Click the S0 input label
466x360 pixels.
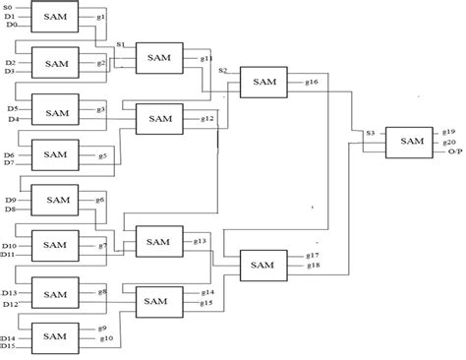pos(9,8)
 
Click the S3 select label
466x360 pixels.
pos(370,133)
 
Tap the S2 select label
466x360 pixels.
pos(223,71)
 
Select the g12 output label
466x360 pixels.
pos(207,118)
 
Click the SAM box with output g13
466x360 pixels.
pos(159,239)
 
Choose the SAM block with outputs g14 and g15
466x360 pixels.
pos(158,297)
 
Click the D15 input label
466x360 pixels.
pos(9,346)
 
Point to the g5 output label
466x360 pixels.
pos(102,155)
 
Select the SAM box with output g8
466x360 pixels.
pos(55,291)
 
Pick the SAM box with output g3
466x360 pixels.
pos(56,109)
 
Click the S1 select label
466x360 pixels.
pos(120,45)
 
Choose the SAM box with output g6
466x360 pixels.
pos(55,200)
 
